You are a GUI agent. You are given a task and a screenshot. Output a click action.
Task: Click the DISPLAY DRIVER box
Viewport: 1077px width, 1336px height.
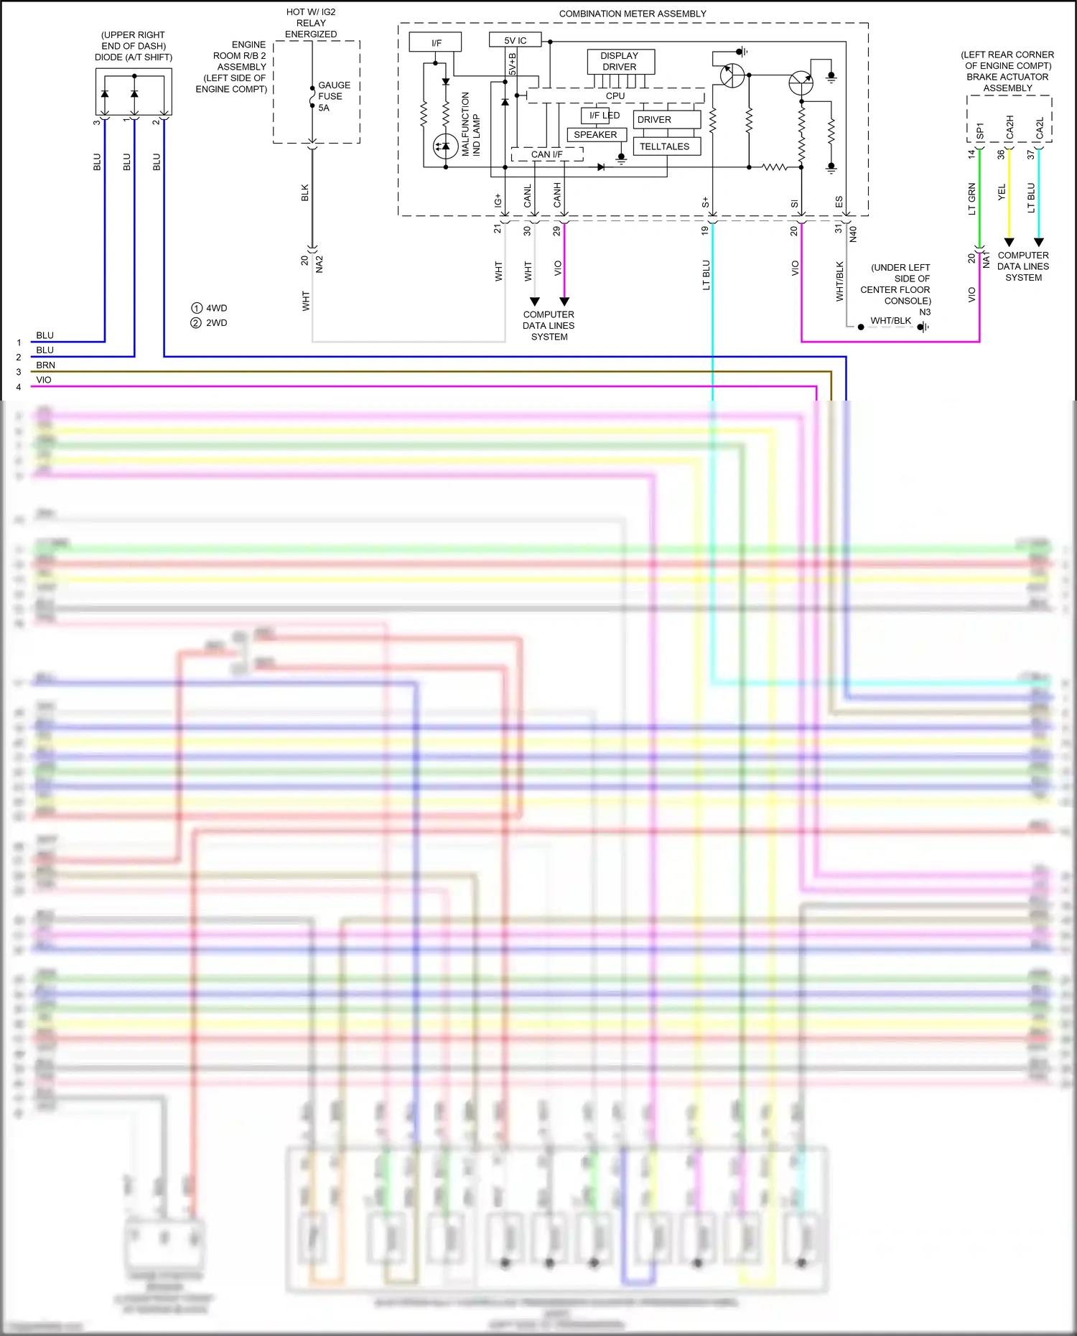[x=620, y=62]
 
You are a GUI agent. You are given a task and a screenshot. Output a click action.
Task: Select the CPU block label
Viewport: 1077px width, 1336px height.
[x=615, y=96]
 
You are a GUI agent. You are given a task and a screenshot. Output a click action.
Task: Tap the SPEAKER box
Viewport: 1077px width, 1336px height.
[x=596, y=135]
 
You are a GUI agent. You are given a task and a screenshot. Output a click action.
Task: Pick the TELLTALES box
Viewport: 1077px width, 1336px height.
[x=665, y=146]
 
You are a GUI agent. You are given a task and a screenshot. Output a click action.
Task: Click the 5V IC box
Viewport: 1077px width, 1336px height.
[x=515, y=40]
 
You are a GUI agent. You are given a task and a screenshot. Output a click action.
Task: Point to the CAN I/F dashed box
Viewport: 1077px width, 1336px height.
[x=546, y=154]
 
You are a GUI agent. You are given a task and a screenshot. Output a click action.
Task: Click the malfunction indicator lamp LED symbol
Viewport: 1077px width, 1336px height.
[x=446, y=147]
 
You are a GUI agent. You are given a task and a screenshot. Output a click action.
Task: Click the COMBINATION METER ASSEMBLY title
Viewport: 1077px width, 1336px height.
[x=633, y=14]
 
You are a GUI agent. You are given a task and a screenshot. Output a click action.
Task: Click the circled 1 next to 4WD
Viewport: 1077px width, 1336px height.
[x=197, y=308]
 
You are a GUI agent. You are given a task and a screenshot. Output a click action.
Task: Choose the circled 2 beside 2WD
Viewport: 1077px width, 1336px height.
[x=196, y=323]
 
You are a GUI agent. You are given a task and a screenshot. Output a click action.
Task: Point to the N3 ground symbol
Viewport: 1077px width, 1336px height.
[x=923, y=327]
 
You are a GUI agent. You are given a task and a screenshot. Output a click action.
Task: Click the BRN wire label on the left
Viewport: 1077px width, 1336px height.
[x=45, y=365]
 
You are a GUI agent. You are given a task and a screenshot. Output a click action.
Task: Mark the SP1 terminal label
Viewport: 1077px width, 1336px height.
[x=980, y=131]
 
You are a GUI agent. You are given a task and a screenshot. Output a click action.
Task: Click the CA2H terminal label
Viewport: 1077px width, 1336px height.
[x=1010, y=128]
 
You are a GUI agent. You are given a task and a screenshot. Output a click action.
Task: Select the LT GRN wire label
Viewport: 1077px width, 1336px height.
[x=972, y=199]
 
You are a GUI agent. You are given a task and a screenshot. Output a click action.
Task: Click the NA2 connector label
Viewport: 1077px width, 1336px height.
[x=320, y=264]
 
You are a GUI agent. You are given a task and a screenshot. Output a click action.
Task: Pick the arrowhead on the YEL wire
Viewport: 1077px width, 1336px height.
[x=1009, y=242]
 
